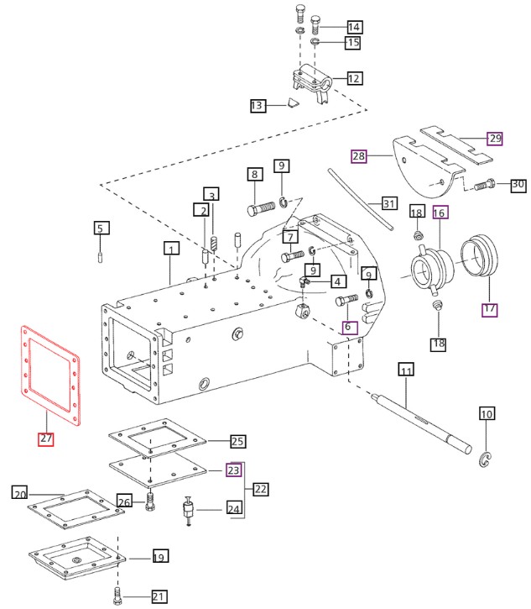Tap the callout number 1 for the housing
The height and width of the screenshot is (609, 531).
coord(171,249)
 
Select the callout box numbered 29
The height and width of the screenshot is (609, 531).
coord(494,139)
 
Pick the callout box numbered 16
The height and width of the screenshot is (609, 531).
coord(440,213)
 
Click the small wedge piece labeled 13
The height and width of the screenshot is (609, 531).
coord(290,104)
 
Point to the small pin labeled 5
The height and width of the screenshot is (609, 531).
coord(101,250)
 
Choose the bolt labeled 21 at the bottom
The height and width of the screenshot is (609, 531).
coord(118,597)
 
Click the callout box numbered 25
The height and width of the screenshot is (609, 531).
coord(237,441)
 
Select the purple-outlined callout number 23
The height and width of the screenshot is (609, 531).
coord(234,470)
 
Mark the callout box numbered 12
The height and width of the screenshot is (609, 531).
coord(354,78)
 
